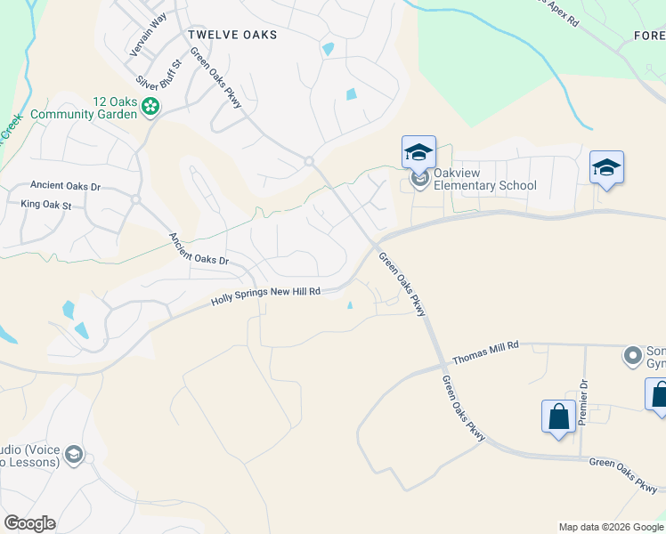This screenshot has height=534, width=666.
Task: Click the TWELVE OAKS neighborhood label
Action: [232, 35]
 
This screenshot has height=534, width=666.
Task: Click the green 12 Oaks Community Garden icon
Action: [151, 108]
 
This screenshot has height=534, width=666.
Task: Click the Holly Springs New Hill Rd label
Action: [265, 296]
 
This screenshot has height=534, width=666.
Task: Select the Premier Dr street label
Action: [584, 402]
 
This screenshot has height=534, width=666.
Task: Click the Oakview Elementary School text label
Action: [486, 185]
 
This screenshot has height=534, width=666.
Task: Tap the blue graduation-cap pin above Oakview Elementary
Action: [418, 152]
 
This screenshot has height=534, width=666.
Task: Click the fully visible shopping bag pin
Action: [558, 417]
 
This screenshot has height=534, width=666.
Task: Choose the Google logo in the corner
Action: [29, 523]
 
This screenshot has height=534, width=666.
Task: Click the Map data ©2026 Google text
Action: [611, 527]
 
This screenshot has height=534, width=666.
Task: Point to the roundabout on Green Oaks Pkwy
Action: [309, 161]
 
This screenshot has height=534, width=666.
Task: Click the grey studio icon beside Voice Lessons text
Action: [74, 456]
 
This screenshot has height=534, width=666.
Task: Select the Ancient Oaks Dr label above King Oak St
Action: [65, 187]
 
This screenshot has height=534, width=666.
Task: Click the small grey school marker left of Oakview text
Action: [418, 182]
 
